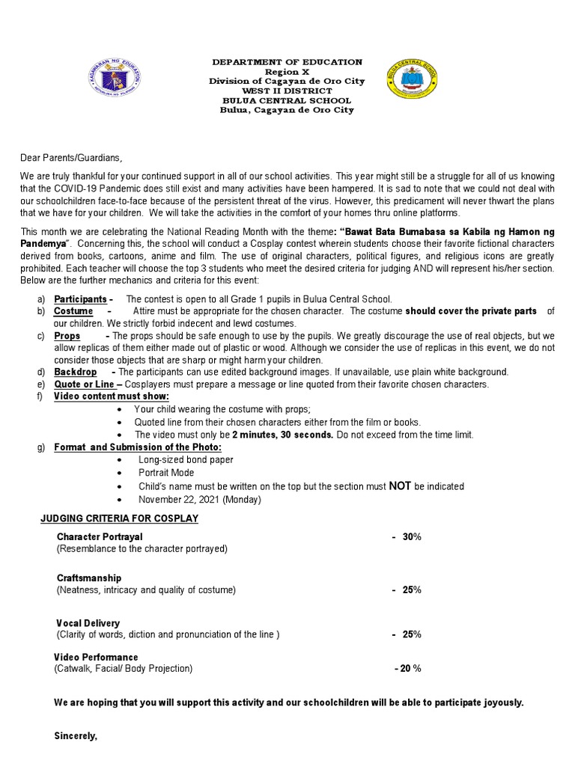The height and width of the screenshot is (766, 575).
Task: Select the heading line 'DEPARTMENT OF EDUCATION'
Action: (x=287, y=62)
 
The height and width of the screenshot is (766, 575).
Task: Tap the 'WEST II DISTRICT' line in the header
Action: (x=287, y=91)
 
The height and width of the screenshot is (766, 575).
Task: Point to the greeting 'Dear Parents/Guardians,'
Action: (x=70, y=158)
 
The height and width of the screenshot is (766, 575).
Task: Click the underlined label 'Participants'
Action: (x=81, y=299)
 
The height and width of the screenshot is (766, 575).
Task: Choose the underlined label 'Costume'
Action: (x=73, y=311)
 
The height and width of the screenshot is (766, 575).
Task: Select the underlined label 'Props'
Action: (x=67, y=336)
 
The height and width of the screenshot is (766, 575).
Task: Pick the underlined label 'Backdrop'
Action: (x=76, y=372)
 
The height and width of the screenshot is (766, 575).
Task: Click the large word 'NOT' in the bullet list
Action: (x=401, y=485)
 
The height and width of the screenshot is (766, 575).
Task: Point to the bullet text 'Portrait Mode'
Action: (x=166, y=473)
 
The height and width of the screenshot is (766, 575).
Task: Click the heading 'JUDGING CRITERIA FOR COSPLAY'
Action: (x=119, y=518)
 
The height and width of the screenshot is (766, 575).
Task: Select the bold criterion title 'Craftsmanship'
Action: (x=89, y=578)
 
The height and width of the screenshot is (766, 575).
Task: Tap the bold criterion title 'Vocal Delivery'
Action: (x=88, y=623)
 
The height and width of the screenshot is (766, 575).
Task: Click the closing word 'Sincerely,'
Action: (x=76, y=736)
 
